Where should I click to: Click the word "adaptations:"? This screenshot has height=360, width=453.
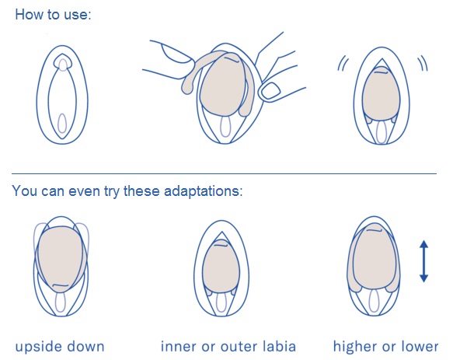204,192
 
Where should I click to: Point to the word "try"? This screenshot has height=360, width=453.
112,192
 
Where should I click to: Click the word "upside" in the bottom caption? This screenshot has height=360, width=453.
37,348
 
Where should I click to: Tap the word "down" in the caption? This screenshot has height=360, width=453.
84,347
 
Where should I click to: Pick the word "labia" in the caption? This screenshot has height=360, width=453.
280,347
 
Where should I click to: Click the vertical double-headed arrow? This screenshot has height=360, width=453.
423,261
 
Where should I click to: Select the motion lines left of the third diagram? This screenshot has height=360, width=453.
343,64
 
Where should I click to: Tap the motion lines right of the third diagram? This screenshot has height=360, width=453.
423,63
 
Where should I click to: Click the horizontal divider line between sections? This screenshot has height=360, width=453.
224,174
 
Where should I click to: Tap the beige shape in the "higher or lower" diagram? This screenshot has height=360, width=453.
374,257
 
